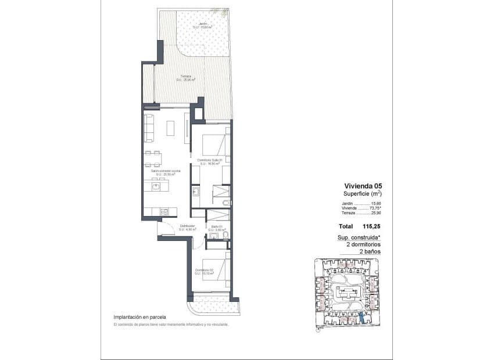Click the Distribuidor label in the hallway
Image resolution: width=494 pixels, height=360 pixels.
pyautogui.click(x=187, y=227)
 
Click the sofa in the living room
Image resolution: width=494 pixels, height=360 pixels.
pyautogui.click(x=149, y=128)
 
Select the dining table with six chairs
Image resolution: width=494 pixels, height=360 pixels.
pyautogui.click(x=153, y=159)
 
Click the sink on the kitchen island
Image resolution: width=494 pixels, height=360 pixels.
pyautogui.click(x=155, y=186)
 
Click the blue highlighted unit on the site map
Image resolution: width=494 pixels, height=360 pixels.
pyautogui.click(x=362, y=318)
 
